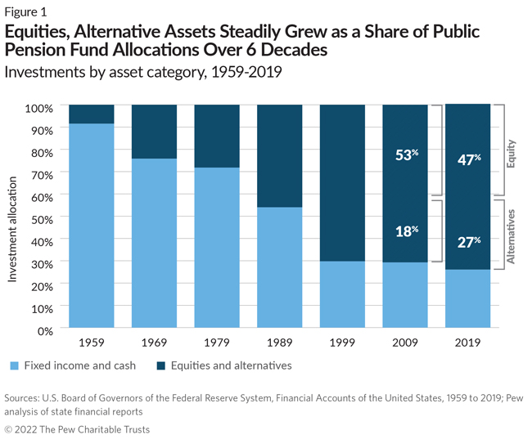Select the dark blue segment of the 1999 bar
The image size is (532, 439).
(342, 182)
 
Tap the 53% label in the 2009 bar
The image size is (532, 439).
(406, 155)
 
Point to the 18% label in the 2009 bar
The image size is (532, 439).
(406, 231)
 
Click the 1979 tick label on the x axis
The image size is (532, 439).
(217, 343)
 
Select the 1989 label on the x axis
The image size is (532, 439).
(280, 343)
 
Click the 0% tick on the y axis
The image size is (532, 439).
(45, 329)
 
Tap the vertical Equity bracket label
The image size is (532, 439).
(511, 153)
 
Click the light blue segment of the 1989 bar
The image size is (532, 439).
(280, 267)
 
